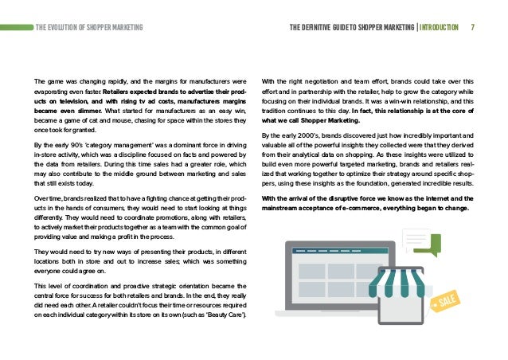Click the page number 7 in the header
(474, 26)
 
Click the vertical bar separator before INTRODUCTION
(415, 26)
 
